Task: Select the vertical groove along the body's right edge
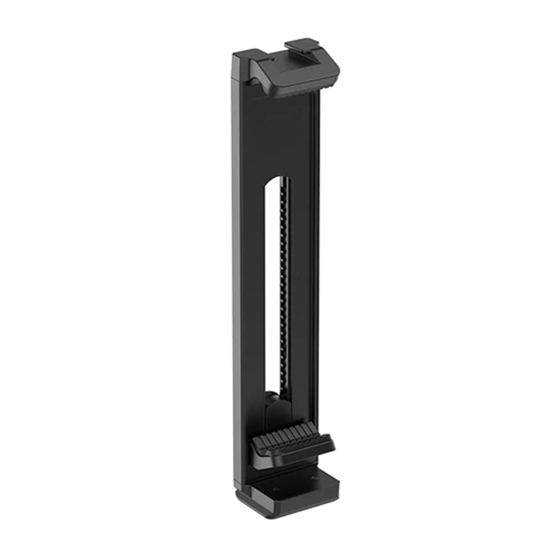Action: coord(316,278)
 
